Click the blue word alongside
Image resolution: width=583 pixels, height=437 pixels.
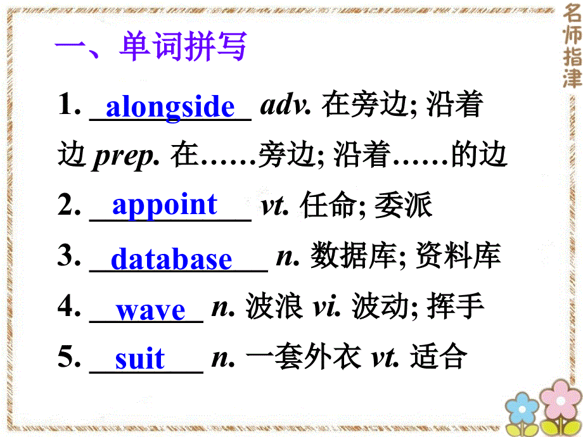click(x=170, y=107)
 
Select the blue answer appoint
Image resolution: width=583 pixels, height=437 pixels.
click(x=165, y=205)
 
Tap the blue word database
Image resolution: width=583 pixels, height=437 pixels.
click(x=171, y=260)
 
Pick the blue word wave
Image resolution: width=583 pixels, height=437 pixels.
click(x=150, y=310)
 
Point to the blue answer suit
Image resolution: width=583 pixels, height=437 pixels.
click(x=139, y=360)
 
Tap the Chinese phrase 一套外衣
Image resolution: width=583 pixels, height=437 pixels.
click(x=300, y=358)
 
